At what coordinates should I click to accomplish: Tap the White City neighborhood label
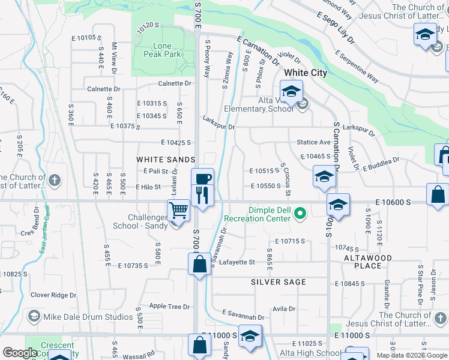tap(306, 73)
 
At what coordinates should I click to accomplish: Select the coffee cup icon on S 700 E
tap(202, 179)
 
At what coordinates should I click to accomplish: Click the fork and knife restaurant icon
tap(202, 195)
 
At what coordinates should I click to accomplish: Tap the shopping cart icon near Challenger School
tap(178, 211)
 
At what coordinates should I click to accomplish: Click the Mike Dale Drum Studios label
tap(88, 316)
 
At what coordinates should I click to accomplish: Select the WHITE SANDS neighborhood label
tap(166, 160)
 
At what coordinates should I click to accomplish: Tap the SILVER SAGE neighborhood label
tap(279, 282)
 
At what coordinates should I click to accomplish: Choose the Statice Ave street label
tap(313, 143)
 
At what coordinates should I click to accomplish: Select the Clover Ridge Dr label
tap(53, 295)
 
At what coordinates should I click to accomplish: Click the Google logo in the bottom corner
tap(20, 353)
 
